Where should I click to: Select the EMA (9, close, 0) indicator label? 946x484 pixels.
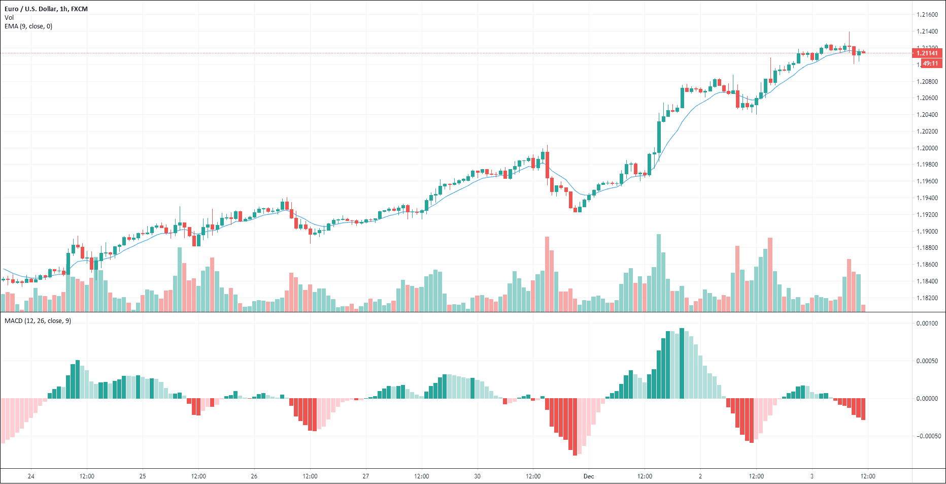click(28, 26)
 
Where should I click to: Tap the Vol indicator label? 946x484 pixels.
click(9, 18)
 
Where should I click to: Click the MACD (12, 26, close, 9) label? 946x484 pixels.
click(38, 321)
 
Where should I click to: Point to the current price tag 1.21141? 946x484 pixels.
click(927, 53)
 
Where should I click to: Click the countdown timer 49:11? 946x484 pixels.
click(930, 63)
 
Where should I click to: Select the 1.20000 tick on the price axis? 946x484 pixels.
click(927, 148)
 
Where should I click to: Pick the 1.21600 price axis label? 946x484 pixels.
click(927, 15)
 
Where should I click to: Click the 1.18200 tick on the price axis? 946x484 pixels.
click(927, 298)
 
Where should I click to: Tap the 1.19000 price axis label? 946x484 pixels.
click(927, 232)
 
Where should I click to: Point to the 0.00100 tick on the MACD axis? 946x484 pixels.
click(927, 324)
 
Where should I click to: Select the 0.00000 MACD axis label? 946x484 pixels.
click(927, 399)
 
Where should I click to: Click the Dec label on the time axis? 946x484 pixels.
click(589, 476)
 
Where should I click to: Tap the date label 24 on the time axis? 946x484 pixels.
click(31, 476)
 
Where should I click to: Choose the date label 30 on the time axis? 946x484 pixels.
click(477, 476)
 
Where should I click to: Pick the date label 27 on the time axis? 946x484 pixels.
click(365, 476)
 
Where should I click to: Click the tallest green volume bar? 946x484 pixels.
click(659, 273)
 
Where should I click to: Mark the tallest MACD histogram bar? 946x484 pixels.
click(682, 363)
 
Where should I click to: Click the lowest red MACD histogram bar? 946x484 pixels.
click(575, 427)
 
